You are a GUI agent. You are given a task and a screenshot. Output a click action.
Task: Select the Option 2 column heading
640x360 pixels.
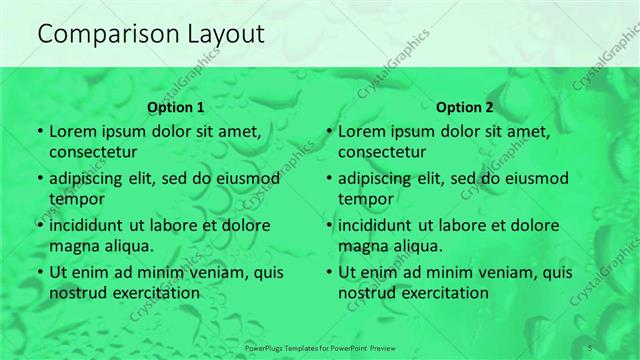click(464, 107)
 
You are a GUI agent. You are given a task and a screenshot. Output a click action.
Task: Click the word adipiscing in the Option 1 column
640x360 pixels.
click(91, 179)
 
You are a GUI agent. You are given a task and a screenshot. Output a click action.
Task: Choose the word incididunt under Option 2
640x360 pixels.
click(380, 226)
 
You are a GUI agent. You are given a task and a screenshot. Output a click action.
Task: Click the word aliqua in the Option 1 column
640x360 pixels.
click(128, 245)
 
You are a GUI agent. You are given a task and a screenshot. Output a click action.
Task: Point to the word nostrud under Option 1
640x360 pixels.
click(76, 293)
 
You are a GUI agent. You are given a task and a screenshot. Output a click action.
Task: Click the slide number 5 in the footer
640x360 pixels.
click(591, 346)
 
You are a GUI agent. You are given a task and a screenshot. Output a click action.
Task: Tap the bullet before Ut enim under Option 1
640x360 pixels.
click(39, 273)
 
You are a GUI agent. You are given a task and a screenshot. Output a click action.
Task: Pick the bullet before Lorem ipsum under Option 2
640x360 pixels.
click(329, 132)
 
